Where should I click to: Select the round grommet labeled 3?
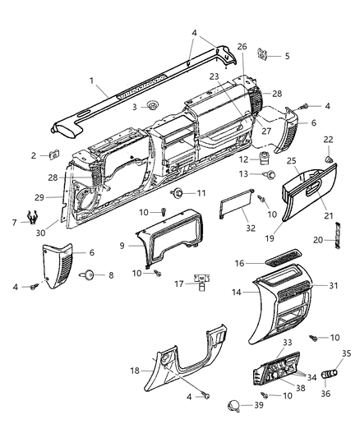(x=154, y=106)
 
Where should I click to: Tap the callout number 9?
(x=122, y=245)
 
